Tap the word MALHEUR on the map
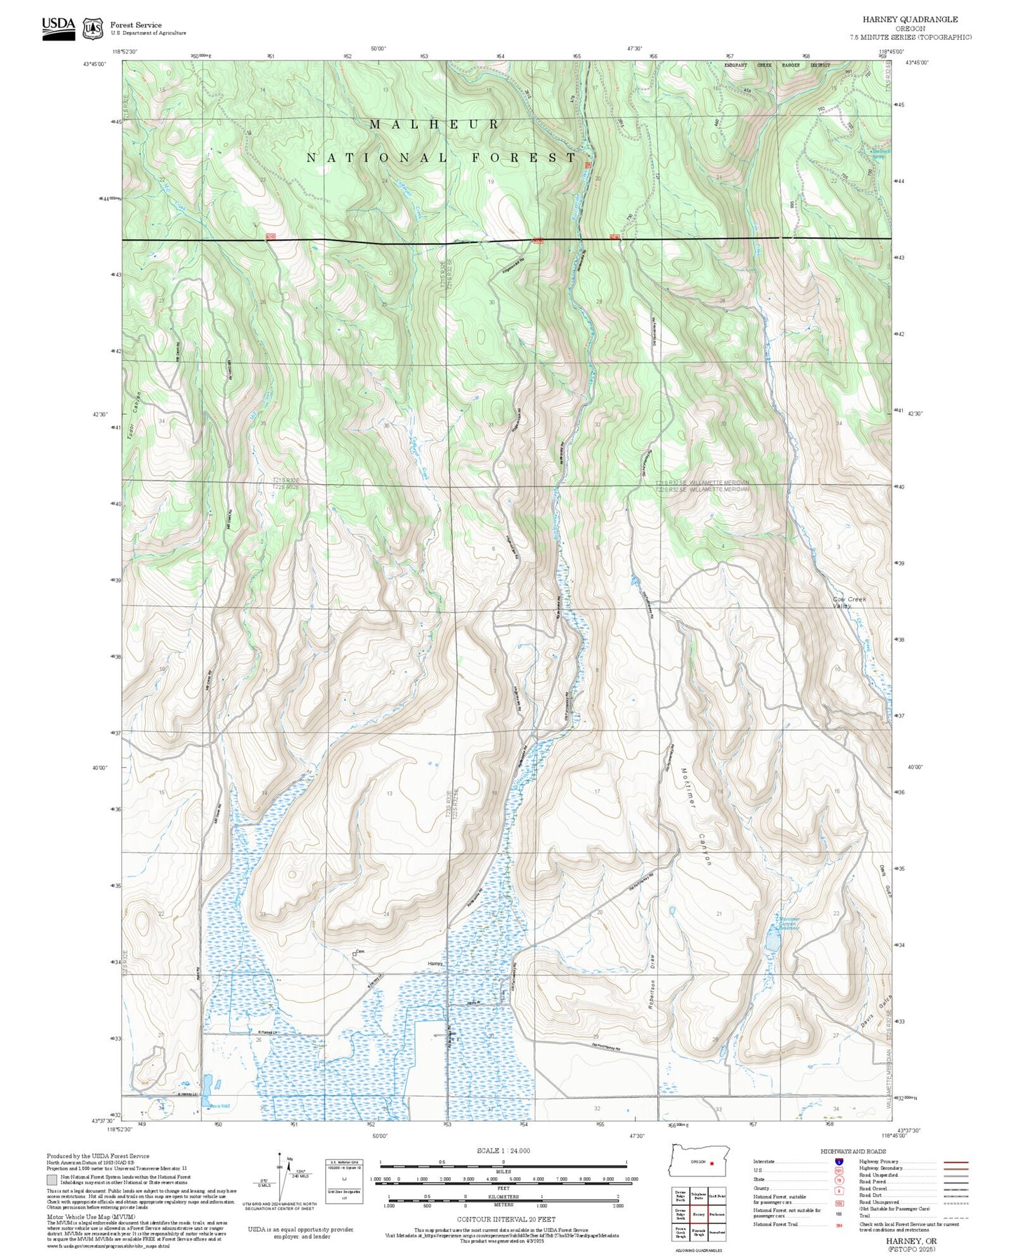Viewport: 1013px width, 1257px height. pos(435,125)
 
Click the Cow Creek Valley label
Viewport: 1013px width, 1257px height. pos(849,602)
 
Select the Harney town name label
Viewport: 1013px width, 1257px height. pos(436,964)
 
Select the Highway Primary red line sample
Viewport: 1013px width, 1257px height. pos(956,1162)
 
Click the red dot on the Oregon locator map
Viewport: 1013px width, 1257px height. pos(712,1163)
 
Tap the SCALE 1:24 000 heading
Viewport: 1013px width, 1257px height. pos(503,1151)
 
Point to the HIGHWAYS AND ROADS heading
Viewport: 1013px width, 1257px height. pos(859,1152)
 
